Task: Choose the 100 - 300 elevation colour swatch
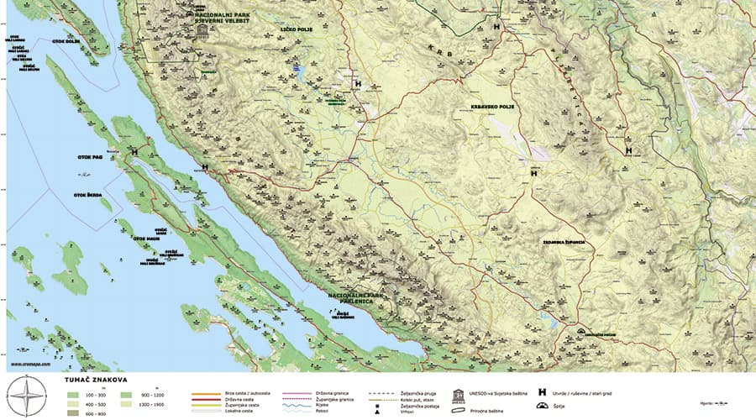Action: click(73, 394)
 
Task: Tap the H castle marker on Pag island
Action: click(134, 152)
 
